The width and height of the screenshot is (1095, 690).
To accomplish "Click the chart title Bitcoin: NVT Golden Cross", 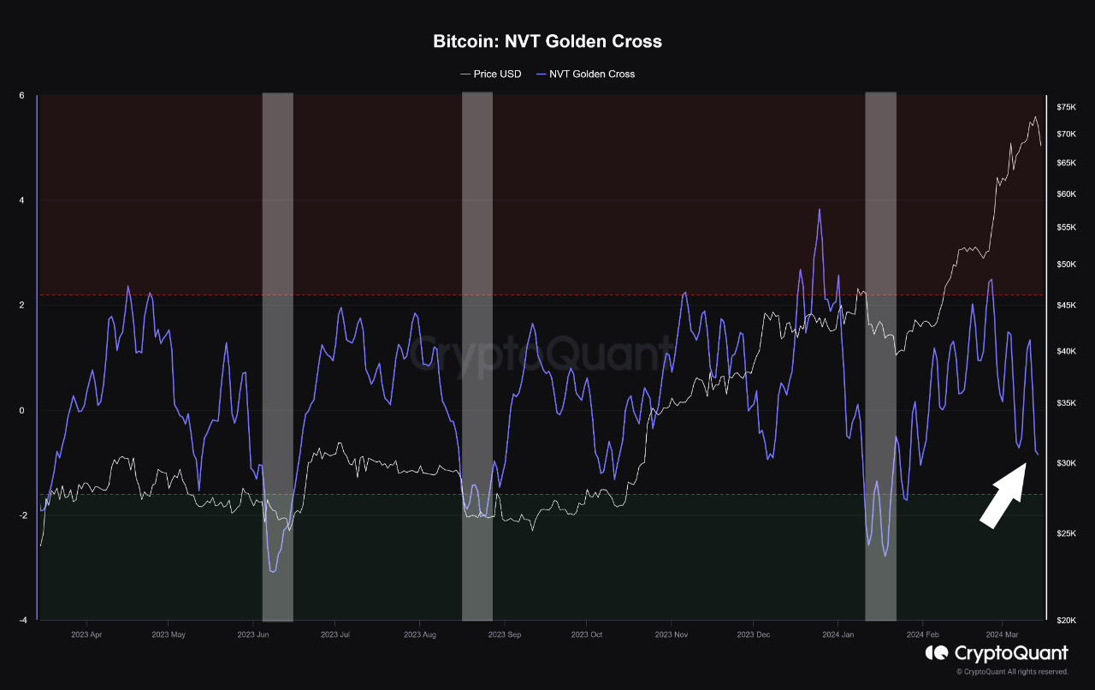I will click(547, 41).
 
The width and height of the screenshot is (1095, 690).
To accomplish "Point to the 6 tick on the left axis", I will click(21, 96).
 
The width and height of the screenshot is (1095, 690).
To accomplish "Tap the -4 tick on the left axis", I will click(23, 620).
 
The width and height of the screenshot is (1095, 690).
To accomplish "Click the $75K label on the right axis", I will click(1066, 107).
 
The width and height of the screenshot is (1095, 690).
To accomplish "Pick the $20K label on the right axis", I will click(1066, 620).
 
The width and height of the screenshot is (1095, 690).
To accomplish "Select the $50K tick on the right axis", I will click(1066, 265).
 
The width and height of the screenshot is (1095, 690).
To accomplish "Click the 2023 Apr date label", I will click(86, 635).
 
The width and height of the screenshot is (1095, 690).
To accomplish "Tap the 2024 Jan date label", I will click(838, 635).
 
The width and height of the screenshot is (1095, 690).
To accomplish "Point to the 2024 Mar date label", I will click(1003, 635).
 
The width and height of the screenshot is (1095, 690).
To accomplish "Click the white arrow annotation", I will click(1003, 495).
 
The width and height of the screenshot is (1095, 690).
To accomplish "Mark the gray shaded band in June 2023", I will click(277, 356).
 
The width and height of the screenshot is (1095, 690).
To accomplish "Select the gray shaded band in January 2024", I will click(880, 356).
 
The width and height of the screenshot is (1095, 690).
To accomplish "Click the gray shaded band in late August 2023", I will click(476, 356).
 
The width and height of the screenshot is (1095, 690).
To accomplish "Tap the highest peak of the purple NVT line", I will click(820, 210).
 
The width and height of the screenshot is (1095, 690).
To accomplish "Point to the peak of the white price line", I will click(1035, 117).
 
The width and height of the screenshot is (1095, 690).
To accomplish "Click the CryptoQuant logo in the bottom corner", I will click(997, 653).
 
